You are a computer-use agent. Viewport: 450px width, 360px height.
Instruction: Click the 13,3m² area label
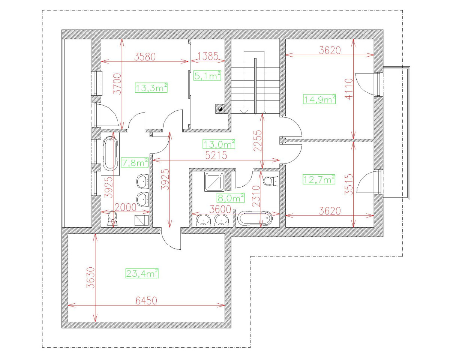pos(151,88)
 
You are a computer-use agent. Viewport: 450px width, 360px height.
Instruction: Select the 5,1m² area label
pos(207,76)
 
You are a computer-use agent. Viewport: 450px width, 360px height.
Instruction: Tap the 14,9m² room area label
pos(319,99)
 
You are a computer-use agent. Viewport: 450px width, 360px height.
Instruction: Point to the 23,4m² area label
pos(142,273)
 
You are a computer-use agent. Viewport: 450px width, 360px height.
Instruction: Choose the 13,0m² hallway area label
pos(219,144)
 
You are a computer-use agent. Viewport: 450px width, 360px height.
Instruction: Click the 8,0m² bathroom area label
pos(230,197)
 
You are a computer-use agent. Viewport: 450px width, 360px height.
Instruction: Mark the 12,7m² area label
pos(319,180)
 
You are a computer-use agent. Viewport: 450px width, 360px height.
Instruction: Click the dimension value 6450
pos(146,300)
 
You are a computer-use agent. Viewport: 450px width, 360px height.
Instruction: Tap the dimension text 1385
pos(208,57)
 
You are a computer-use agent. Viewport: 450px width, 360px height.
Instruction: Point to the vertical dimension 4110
pos(349,89)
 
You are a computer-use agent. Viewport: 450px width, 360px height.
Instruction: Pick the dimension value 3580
pos(145,57)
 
